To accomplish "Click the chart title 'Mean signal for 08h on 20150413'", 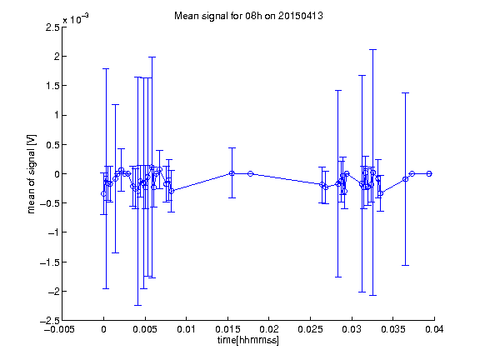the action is coord(248,16).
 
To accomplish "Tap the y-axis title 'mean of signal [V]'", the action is coord(32,174).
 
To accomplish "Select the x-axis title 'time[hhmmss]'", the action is coord(248,340).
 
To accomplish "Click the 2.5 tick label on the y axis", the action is coord(52,27).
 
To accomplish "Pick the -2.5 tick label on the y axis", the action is coord(50,321).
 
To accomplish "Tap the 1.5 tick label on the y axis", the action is coord(52,86).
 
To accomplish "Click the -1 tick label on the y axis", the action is coord(53,232).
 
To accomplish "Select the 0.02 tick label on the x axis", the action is coord(269,329).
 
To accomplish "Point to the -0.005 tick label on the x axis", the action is coord(59,329).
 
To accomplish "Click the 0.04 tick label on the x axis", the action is coord(434,329).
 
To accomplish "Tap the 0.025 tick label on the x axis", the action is coord(310,329).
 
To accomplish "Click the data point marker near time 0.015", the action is coord(232,173).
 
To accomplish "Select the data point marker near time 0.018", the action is coord(250,174).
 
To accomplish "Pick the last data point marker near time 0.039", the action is coord(429,174).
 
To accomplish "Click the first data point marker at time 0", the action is coord(104,194).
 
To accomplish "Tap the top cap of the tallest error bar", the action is coord(372,50).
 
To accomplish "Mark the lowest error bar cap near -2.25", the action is coord(137,305).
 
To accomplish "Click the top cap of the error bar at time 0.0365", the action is coord(405,93).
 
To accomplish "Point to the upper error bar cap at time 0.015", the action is coord(232,148).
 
